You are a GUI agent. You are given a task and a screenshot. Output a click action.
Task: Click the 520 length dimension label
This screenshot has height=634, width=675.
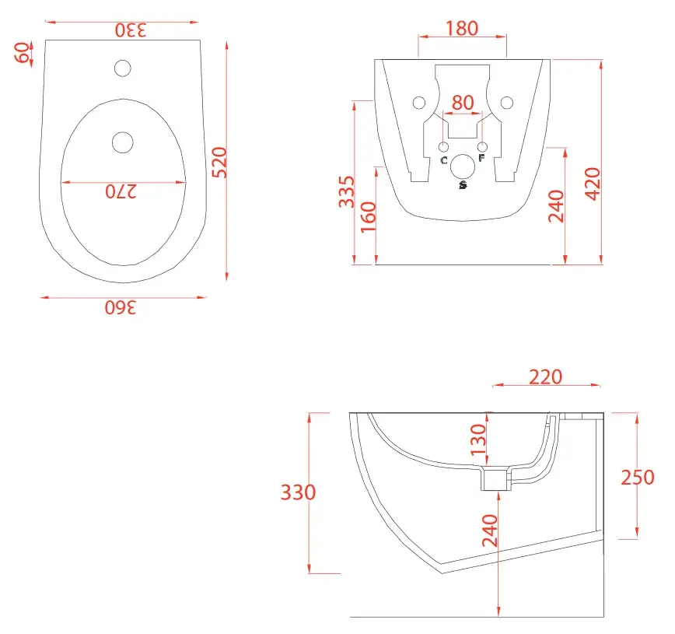(x=220, y=163)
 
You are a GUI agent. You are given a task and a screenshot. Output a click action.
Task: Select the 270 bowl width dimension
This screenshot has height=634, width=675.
(x=121, y=191)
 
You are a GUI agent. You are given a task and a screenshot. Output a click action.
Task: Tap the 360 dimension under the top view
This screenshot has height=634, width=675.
(x=121, y=307)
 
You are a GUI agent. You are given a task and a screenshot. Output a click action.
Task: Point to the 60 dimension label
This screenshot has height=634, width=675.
(x=22, y=53)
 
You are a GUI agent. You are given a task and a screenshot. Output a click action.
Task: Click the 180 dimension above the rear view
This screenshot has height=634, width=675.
(x=462, y=29)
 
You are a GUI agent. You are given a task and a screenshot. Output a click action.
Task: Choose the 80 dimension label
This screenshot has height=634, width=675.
(x=463, y=103)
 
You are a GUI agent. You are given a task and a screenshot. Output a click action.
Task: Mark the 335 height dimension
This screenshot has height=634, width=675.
(x=347, y=191)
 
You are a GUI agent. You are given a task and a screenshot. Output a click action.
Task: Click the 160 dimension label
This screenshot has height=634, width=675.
(x=369, y=217)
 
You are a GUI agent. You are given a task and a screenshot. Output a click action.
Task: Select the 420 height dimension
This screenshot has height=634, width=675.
(x=593, y=184)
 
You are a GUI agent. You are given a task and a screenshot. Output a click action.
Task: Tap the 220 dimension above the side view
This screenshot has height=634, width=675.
(x=545, y=377)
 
